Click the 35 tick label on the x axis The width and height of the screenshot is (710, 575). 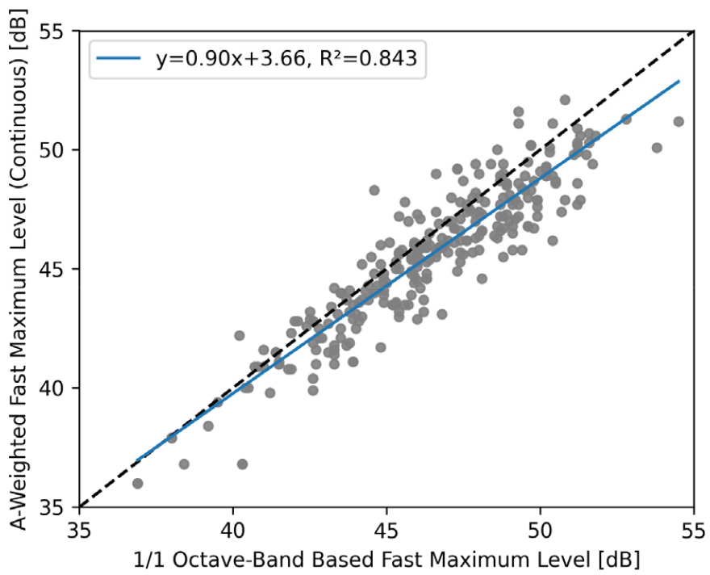tap(80, 533)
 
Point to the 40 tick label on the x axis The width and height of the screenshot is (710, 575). tap(233, 533)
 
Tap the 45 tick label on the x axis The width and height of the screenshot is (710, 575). tap(386, 533)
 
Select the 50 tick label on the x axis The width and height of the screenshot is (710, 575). tap(540, 533)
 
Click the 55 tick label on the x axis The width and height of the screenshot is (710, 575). tap(692, 533)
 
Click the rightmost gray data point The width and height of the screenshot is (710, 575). tap(679, 121)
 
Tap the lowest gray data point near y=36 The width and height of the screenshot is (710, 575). tap(138, 483)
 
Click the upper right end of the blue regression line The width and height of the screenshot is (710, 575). tap(679, 81)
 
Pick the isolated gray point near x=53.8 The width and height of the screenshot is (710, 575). tap(657, 148)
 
